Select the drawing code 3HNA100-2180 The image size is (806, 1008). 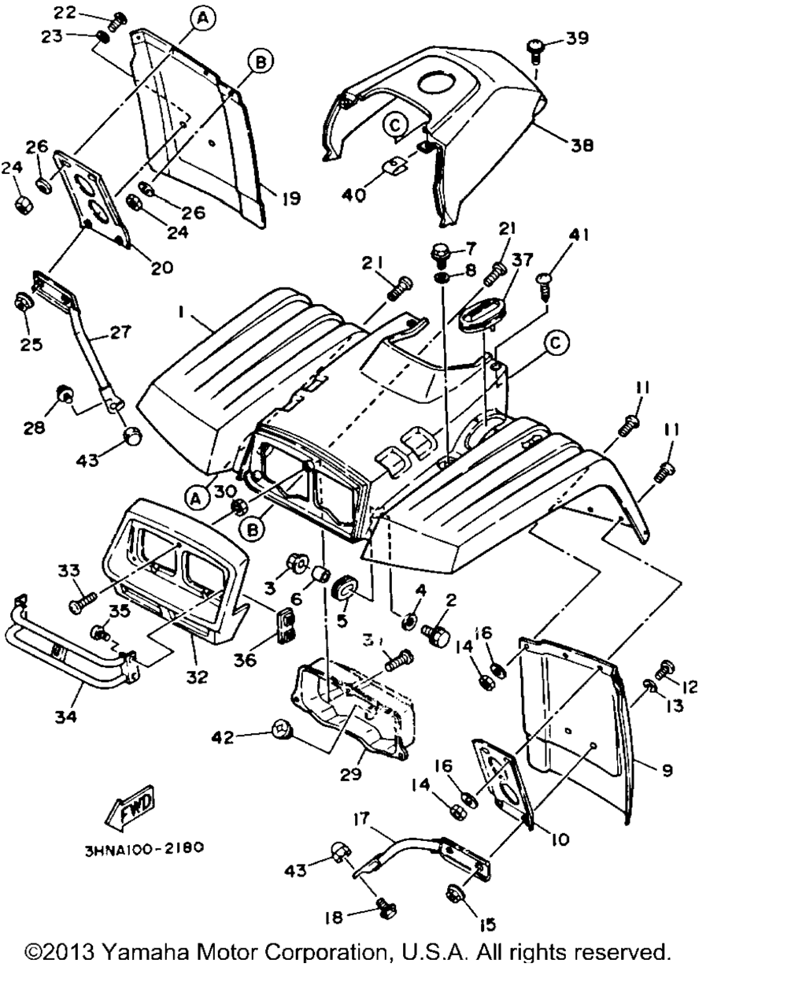click(x=143, y=849)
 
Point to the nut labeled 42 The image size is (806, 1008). click(x=283, y=732)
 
